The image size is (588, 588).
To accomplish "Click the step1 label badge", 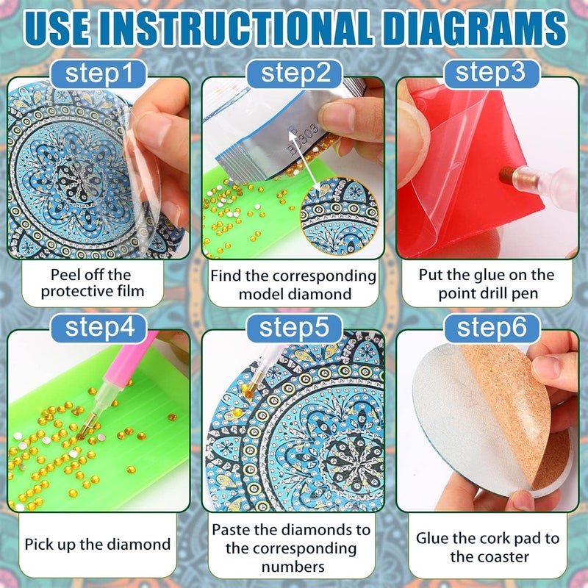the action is (x=98, y=74).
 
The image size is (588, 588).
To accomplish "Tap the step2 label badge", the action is (x=295, y=74).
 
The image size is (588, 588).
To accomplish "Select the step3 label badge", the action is (x=492, y=73).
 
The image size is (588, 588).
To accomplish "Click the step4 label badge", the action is (x=99, y=328).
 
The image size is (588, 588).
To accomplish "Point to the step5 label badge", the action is (x=295, y=328).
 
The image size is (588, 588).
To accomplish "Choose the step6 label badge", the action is (x=492, y=328).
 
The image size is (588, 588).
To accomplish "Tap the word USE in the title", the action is (x=57, y=29).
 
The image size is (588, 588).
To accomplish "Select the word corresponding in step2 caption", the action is (x=324, y=276).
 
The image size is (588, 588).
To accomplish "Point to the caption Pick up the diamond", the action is (x=98, y=545).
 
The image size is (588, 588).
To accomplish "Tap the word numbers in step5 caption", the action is (x=293, y=567).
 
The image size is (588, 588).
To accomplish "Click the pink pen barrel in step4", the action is (x=127, y=367).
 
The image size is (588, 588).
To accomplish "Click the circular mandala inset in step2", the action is (x=340, y=215).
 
